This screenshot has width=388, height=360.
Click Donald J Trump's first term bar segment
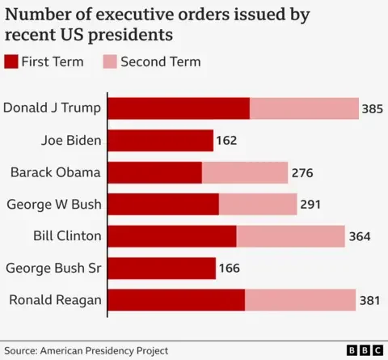[179, 108]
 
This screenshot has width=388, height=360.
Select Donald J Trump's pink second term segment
[304, 108]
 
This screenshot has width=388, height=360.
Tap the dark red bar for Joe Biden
[160, 141]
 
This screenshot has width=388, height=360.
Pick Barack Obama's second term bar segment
[245, 172]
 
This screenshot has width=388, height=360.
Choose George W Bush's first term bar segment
[163, 204]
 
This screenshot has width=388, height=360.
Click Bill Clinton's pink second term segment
[290, 236]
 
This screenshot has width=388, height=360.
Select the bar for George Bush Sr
[162, 268]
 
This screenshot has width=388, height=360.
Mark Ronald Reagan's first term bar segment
[176, 300]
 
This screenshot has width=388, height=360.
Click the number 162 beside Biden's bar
[226, 141]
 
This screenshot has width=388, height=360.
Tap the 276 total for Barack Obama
[302, 172]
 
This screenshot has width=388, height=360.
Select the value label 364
[360, 236]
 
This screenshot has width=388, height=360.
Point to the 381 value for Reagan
[369, 300]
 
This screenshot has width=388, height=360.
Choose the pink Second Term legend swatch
[112, 62]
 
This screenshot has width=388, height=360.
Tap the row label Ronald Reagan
[55, 300]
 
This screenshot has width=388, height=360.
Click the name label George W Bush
[54, 204]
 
